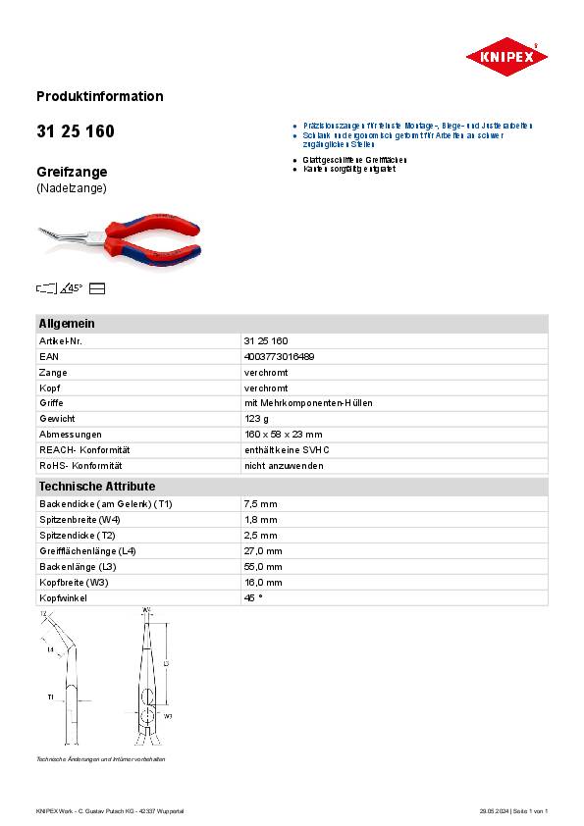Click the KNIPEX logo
(506, 57)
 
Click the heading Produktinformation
(99, 96)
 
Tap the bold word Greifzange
(72, 172)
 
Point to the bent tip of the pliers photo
(43, 232)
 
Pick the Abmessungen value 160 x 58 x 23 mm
(283, 434)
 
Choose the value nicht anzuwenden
(284, 465)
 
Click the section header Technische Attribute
(96, 486)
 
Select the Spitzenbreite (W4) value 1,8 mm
(260, 519)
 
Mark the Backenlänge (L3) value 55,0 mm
(262, 566)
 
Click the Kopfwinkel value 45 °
(253, 596)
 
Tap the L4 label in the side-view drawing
(51, 649)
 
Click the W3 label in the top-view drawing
(168, 717)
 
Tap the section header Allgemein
(67, 324)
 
